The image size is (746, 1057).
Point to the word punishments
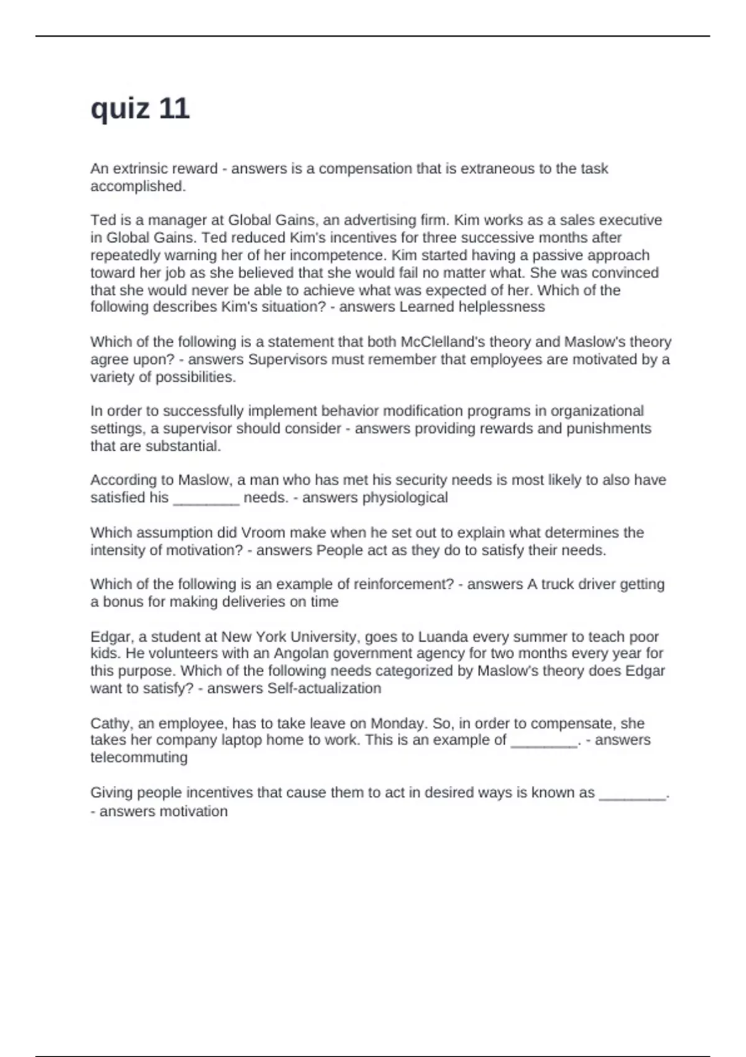(x=609, y=428)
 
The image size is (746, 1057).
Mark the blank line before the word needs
(x=206, y=499)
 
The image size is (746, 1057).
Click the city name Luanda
(x=444, y=637)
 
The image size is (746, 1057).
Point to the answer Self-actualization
(x=324, y=688)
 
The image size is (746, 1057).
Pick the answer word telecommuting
(x=139, y=757)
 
